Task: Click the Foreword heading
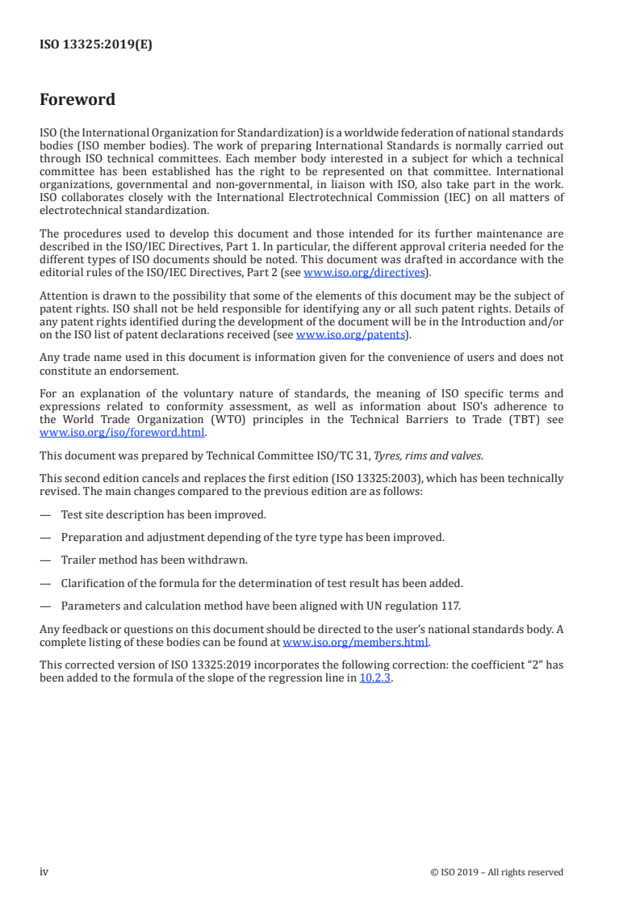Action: tap(77, 100)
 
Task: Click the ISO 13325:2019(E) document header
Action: tap(96, 45)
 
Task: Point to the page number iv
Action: tap(44, 872)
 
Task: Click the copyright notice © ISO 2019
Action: tap(496, 872)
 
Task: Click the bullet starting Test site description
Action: tap(163, 514)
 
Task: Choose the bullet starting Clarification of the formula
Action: tap(261, 582)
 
